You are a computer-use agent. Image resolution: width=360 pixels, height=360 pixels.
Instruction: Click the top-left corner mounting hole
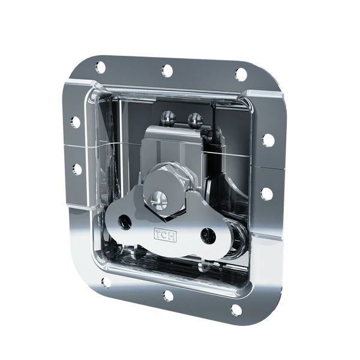point(100,67)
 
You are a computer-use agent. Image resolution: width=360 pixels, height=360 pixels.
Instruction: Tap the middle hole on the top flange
point(167,70)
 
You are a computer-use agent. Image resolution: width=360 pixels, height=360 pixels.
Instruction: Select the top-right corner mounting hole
point(241,73)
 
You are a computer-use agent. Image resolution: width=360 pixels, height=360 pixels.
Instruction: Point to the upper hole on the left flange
point(75,122)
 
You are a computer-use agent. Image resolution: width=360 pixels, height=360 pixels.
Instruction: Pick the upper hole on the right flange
point(268,140)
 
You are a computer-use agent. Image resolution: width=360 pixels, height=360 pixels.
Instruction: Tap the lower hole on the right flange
point(266,194)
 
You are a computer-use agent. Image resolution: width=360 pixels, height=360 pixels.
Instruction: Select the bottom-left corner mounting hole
point(105,282)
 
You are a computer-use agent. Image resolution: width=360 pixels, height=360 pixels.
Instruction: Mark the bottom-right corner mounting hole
point(236,310)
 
